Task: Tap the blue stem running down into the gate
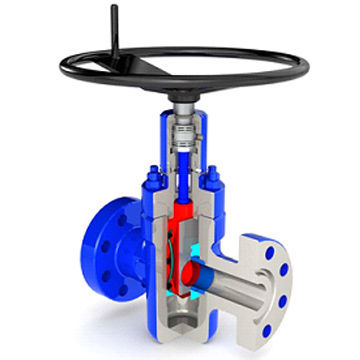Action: tap(184, 185)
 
